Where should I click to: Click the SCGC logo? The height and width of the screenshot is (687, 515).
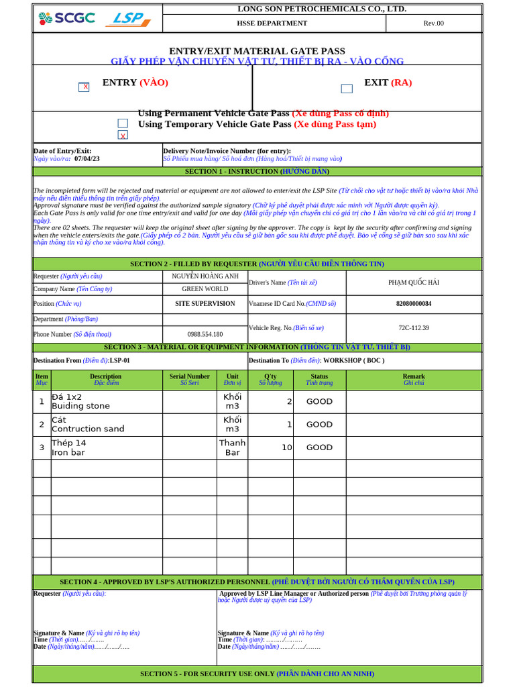coord(66,19)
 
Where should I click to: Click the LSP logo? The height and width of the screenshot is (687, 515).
coord(128,19)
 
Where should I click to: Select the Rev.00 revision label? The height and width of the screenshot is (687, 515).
coord(433,23)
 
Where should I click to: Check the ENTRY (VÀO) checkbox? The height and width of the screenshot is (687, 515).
coord(84,87)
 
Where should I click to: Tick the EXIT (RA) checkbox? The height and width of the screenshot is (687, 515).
coord(347,89)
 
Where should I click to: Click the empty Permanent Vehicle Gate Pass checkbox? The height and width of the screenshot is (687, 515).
coord(123,123)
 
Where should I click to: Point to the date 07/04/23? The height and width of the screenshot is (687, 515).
coord(87,159)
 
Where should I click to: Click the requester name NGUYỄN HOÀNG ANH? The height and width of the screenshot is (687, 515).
coord(205,276)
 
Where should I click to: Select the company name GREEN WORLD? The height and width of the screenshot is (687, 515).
coord(205,289)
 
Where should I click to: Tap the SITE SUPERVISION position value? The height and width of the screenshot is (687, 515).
coord(205,304)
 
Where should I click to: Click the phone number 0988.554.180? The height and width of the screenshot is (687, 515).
coord(205,334)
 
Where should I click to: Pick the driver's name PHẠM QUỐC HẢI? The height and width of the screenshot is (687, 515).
coord(413,282)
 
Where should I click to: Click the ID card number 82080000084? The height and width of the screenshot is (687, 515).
coord(413,304)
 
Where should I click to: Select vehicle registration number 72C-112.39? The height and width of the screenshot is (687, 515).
coord(413,328)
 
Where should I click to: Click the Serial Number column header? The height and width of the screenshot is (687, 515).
coord(189,380)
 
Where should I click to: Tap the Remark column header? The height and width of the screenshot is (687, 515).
coord(413,380)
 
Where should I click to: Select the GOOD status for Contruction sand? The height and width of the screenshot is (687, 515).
coord(319,425)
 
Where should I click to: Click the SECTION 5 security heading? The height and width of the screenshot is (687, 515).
coord(257,674)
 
